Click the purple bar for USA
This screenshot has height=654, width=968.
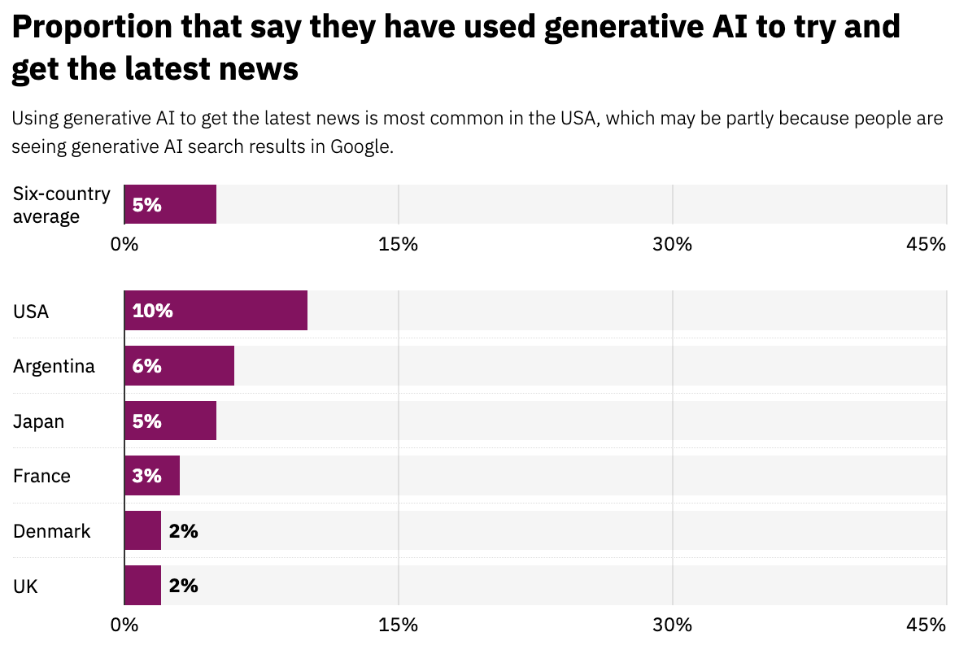coord(216,311)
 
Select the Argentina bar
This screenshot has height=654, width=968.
coord(179,366)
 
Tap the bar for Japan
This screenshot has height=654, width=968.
coord(170,421)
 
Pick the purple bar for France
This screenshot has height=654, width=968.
coord(152,476)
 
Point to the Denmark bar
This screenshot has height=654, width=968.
coord(142,531)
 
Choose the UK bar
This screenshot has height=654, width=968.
coord(142,586)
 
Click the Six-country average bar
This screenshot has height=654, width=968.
coord(170,204)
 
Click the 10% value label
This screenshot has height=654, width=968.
coord(153,311)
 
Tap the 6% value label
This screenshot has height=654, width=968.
coord(147,366)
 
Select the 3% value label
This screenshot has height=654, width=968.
coord(147,476)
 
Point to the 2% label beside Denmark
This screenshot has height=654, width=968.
coord(184,531)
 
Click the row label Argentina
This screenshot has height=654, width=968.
coord(54,366)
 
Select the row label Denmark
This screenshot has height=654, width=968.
coord(52,531)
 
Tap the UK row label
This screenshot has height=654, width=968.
coord(24,586)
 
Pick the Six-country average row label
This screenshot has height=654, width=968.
coord(61,205)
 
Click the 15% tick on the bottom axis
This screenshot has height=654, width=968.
coord(399,625)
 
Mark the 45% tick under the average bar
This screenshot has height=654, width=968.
coord(927,244)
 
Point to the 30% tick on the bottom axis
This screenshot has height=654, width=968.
coord(673,625)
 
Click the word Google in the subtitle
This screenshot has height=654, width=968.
coord(360,148)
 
